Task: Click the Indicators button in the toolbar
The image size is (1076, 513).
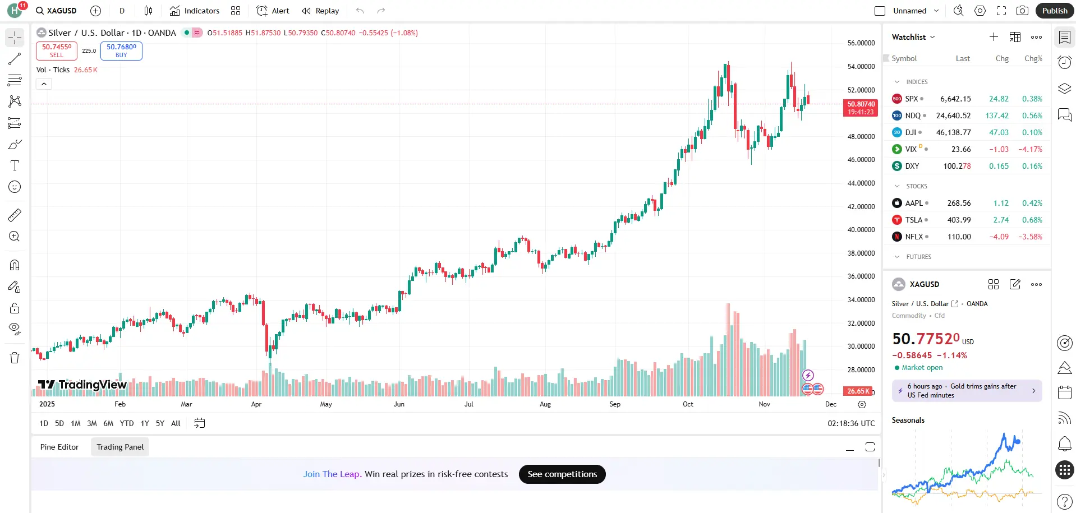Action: tap(195, 11)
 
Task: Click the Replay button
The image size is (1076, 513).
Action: tap(320, 11)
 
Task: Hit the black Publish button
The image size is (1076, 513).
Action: tap(1054, 11)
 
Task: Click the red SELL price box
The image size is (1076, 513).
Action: tap(57, 50)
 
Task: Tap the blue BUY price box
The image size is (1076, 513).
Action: tap(121, 50)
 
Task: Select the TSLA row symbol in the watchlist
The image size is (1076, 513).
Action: tap(913, 220)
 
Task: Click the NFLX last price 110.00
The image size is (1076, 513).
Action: tap(959, 237)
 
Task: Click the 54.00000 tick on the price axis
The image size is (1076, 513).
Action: tap(861, 66)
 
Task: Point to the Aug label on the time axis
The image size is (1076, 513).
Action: tap(545, 404)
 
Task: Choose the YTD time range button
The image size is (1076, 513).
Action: tap(127, 423)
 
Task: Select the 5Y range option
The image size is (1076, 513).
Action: tap(160, 423)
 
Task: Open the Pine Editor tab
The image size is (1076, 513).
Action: tap(59, 447)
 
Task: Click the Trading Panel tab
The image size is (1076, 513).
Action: tap(120, 447)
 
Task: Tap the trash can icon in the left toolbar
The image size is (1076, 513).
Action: tap(15, 358)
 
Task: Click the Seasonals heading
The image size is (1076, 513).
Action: tap(908, 420)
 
